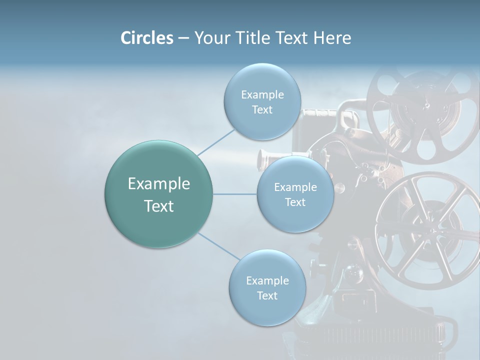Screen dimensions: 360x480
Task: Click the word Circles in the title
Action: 146,38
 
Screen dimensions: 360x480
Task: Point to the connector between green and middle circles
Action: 235,194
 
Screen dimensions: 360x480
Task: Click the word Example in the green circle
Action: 159,184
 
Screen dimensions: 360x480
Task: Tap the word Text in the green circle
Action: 159,206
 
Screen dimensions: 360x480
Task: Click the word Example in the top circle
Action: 262,95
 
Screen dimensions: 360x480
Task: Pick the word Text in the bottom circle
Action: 267,295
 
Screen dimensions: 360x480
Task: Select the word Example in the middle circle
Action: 295,187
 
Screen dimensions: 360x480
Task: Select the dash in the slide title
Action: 183,38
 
